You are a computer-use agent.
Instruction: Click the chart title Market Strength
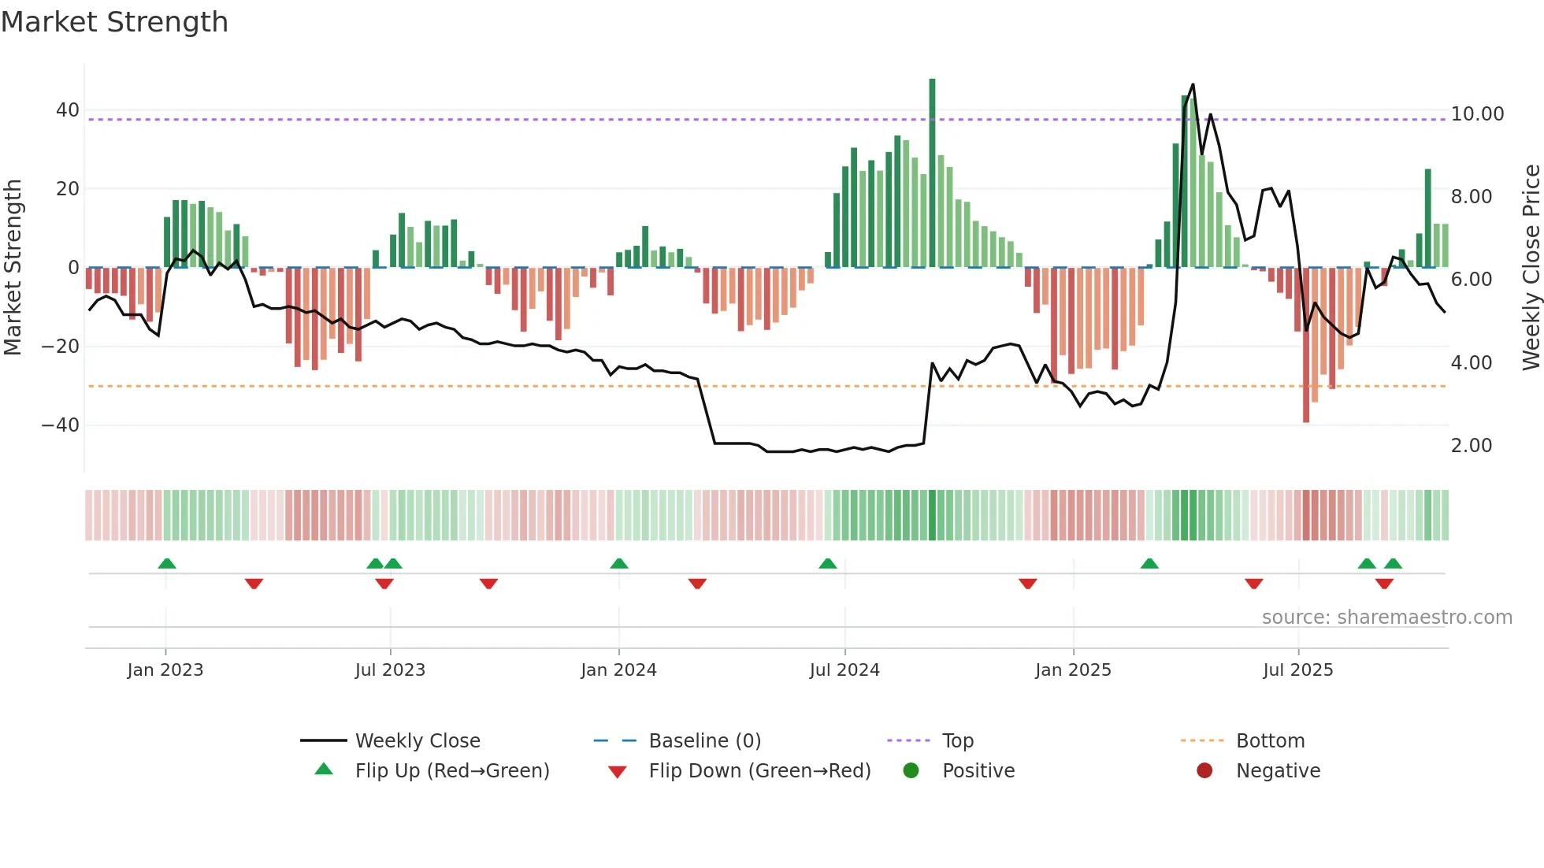114,22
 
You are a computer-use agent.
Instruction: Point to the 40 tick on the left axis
68,110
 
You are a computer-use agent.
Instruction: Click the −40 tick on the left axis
61,425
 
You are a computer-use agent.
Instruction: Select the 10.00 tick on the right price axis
1477,114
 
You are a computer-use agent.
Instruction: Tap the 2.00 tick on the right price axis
1471,446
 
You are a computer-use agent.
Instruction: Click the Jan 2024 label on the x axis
618,670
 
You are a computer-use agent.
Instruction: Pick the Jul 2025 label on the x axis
1297,670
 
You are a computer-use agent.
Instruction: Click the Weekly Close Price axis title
1531,268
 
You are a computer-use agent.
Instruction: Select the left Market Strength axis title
13,268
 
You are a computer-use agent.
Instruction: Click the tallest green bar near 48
932,173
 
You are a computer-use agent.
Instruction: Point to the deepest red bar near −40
1305,347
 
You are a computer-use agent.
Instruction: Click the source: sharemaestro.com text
1386,618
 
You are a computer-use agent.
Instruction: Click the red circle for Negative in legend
1204,771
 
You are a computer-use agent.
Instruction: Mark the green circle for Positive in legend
911,771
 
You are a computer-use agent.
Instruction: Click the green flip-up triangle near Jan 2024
619,564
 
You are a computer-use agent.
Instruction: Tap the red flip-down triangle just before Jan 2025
1027,584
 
